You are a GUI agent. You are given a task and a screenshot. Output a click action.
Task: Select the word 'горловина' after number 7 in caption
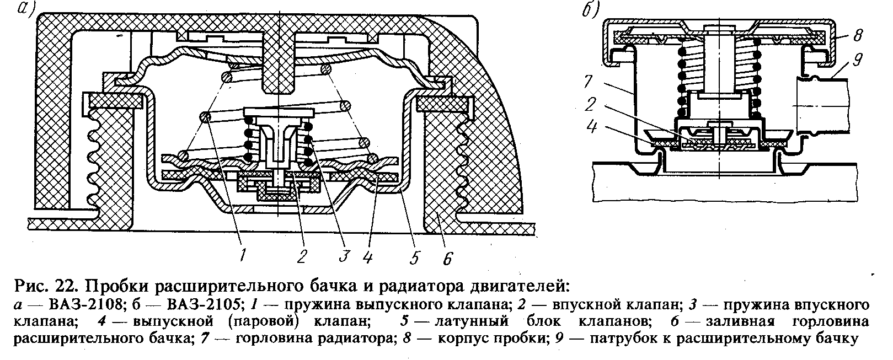[x=276, y=338]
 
